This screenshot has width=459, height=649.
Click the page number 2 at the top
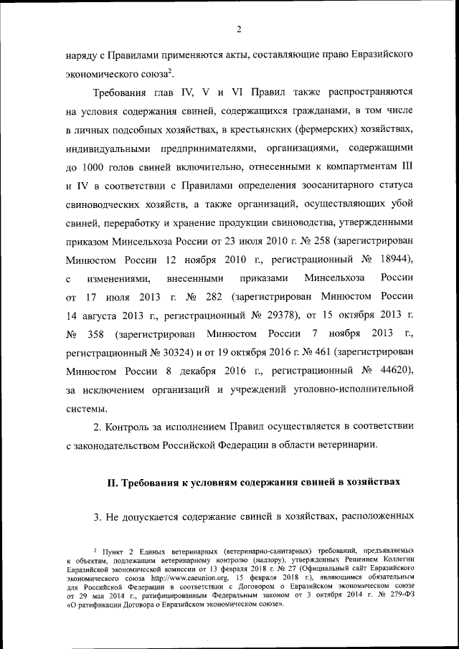[239, 29]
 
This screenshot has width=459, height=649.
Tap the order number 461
[305, 353]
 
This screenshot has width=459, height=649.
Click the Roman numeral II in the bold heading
[113, 482]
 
